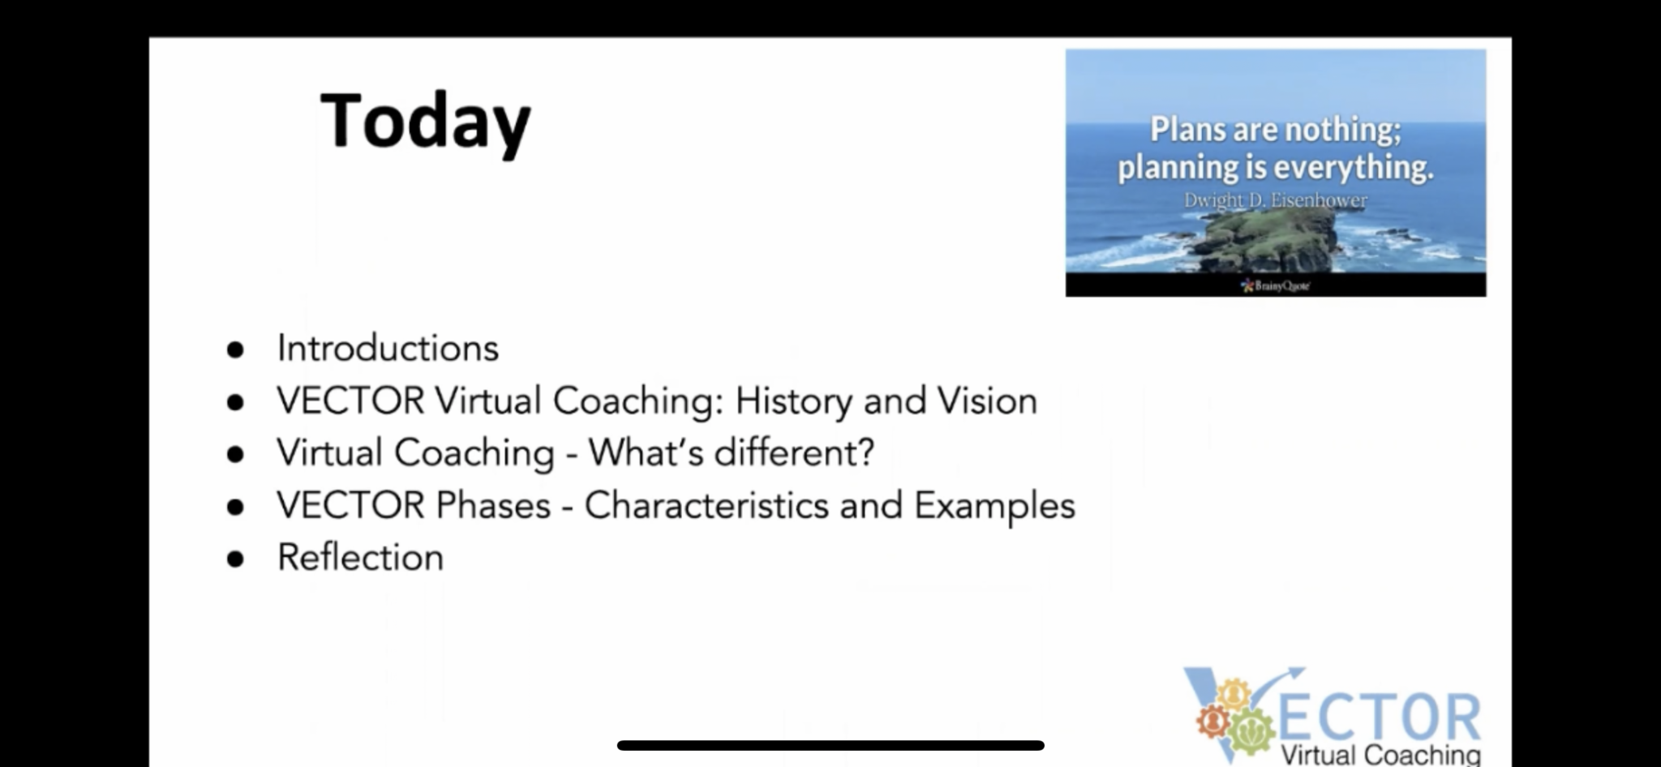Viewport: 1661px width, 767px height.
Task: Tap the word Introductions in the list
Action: pos(388,348)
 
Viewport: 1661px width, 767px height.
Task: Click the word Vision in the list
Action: pos(987,401)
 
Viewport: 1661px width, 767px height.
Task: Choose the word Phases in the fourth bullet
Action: pos(494,505)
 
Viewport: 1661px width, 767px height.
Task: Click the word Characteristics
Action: pos(706,505)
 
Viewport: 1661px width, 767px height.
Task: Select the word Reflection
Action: pos(360,557)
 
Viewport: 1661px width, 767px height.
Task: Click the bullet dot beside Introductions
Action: pos(235,349)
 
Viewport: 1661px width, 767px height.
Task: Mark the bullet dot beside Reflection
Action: pos(235,559)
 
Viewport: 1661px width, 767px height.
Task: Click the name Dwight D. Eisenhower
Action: pos(1275,199)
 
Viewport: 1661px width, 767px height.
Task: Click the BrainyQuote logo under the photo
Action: pos(1275,285)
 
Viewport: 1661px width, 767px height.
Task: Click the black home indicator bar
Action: pos(830,745)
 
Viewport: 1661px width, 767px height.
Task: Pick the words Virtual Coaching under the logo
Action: pos(1380,755)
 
